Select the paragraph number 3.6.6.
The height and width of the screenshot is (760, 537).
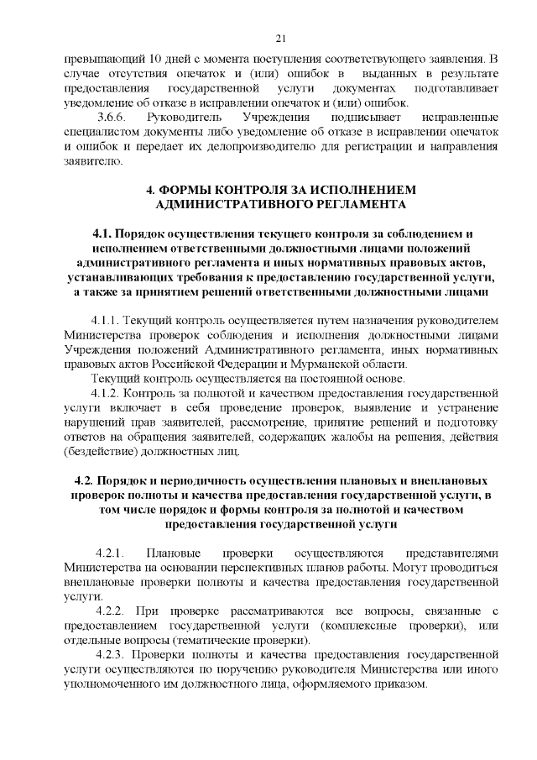click(x=112, y=117)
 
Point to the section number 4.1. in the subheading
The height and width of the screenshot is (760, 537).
click(x=103, y=232)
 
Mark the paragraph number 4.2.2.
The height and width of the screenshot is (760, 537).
click(x=110, y=612)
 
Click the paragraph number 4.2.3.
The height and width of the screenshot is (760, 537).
click(x=110, y=655)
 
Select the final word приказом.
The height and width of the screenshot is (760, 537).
click(x=399, y=684)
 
